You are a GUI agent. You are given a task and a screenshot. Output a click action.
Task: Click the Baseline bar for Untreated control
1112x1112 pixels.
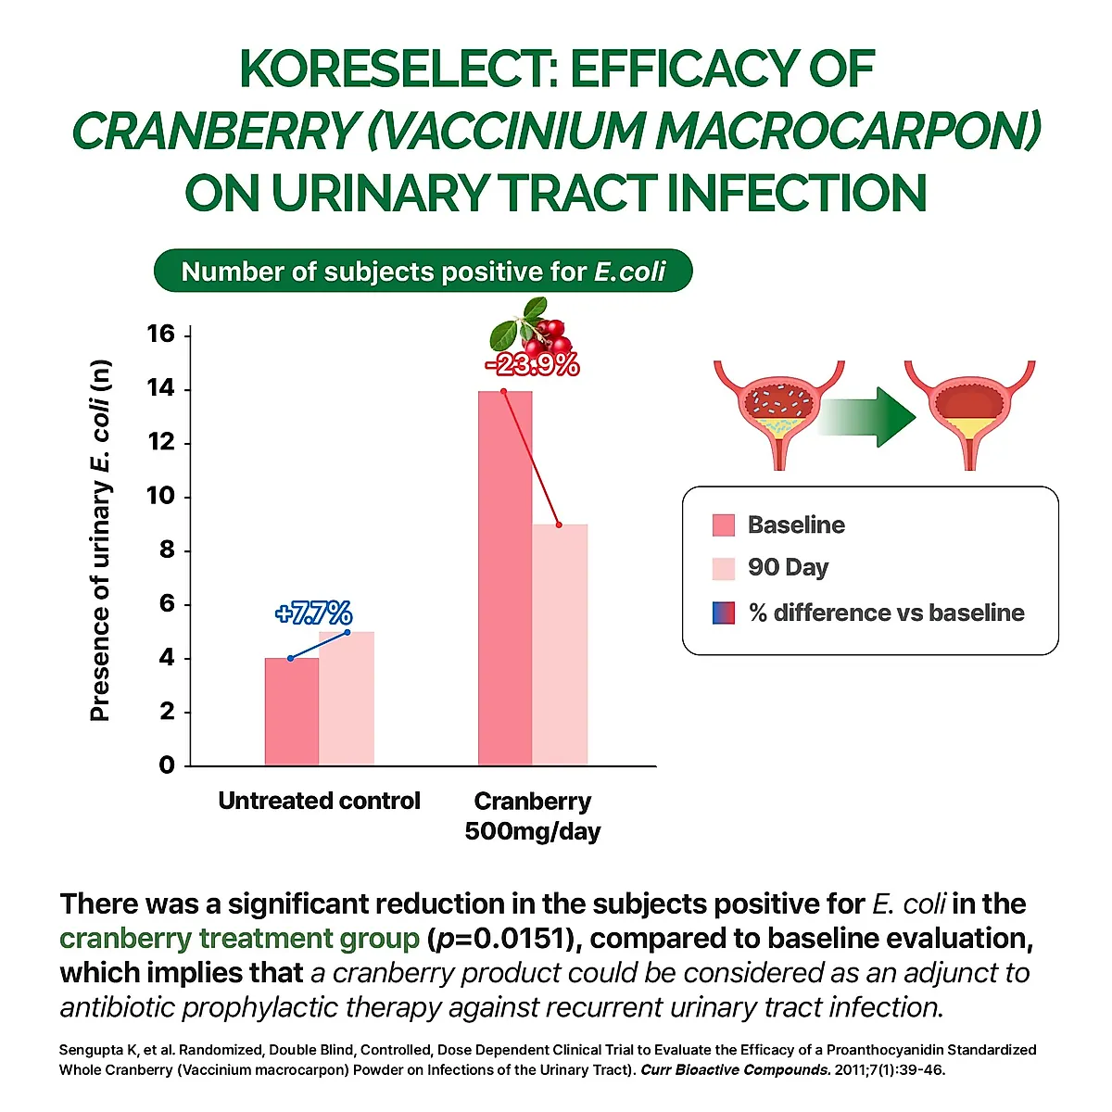[292, 711]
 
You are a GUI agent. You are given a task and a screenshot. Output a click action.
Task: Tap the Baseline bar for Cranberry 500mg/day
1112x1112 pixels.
[505, 578]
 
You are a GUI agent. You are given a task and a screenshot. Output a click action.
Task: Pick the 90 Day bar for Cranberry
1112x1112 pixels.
[560, 644]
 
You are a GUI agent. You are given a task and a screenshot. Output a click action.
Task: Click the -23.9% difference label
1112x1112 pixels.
[532, 366]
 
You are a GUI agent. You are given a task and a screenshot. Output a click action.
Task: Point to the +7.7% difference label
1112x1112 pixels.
[314, 613]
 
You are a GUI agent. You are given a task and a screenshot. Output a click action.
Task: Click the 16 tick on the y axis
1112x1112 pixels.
[161, 334]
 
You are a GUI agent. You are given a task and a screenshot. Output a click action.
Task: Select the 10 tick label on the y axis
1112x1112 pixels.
[161, 496]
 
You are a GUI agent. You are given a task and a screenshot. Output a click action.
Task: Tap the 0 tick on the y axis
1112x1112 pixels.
[167, 765]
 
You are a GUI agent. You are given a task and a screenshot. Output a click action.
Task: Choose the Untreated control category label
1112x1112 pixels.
[319, 801]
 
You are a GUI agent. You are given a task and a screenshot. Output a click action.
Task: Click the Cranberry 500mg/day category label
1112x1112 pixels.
[532, 815]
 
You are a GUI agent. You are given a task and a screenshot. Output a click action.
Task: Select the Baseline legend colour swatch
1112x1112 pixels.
[724, 525]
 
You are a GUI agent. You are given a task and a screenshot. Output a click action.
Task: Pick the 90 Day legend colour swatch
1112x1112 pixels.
[724, 568]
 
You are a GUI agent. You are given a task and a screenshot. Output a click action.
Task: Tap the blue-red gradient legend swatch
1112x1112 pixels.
[724, 613]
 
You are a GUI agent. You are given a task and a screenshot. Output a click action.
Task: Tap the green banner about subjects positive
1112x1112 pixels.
[423, 272]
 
